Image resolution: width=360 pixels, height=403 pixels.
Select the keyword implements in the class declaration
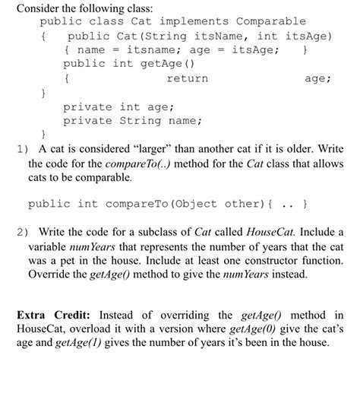coord(193,21)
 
